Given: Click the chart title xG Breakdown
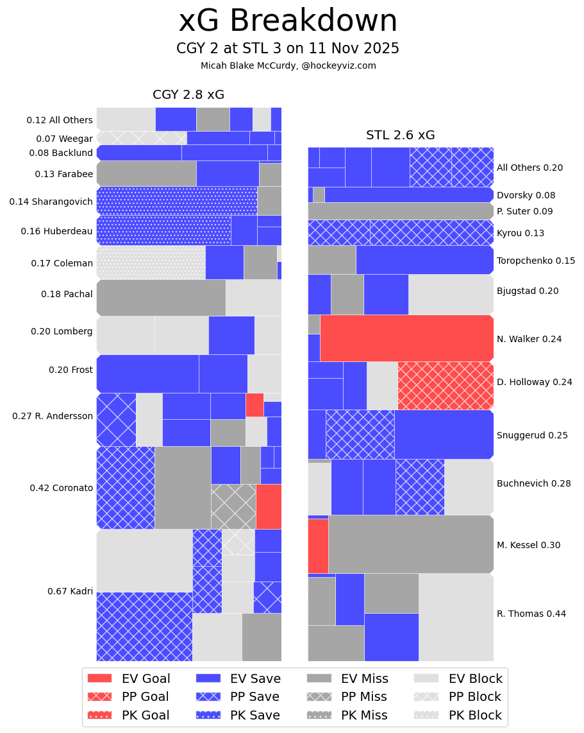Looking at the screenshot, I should pyautogui.click(x=288, y=21).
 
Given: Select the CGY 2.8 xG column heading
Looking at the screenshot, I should pyautogui.click(x=188, y=95).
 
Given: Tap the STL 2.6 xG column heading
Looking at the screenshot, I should pyautogui.click(x=400, y=135).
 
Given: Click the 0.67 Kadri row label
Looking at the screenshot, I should pyautogui.click(x=70, y=591).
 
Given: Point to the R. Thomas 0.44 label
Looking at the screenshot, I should pyautogui.click(x=531, y=614).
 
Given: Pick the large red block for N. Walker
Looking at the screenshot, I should pyautogui.click(x=406, y=338).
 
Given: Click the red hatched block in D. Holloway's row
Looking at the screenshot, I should pyautogui.click(x=445, y=385).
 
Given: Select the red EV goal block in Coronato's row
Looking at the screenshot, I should pyautogui.click(x=269, y=506).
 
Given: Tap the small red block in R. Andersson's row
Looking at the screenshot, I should pyautogui.click(x=254, y=405).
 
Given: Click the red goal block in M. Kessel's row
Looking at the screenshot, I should pyautogui.click(x=318, y=546).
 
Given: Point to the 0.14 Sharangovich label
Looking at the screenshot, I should pyautogui.click(x=51, y=202).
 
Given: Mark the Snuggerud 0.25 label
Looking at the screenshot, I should pyautogui.click(x=532, y=435).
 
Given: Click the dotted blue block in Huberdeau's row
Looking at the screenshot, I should pyautogui.click(x=163, y=230).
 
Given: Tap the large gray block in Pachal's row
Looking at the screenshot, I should pyautogui.click(x=161, y=298).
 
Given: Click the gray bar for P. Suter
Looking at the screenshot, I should pyautogui.click(x=400, y=211).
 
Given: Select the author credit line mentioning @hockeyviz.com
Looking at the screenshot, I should pyautogui.click(x=288, y=65).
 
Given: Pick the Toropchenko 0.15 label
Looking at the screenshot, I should pyautogui.click(x=535, y=261).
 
